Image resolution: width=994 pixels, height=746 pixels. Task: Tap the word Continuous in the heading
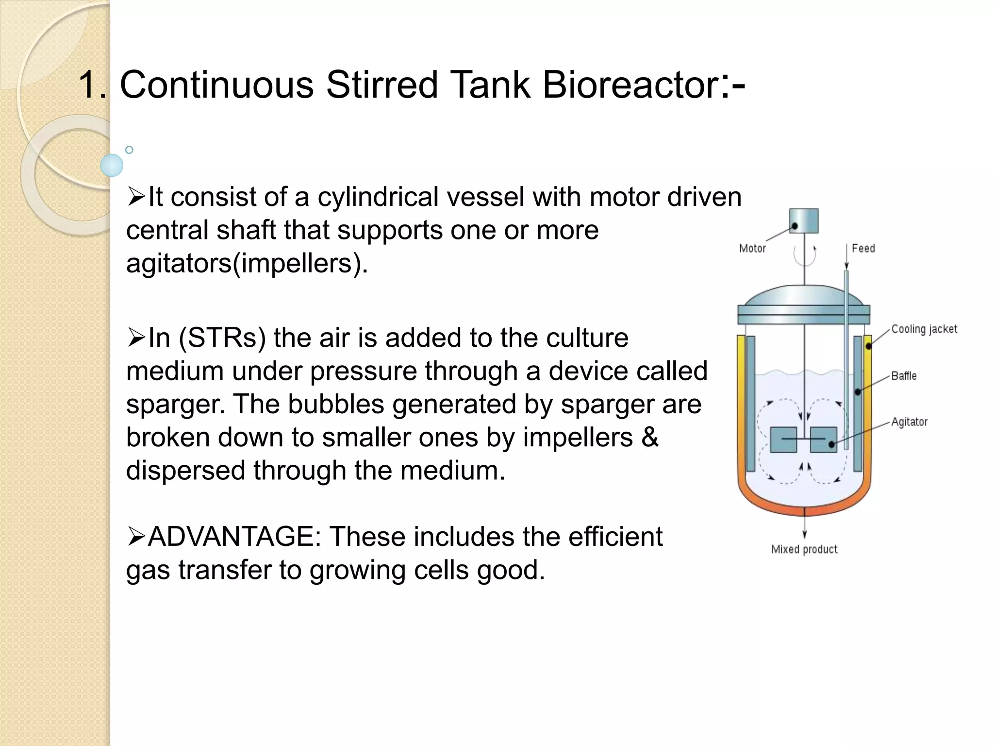[216, 85]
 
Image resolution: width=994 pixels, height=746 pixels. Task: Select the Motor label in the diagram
[752, 249]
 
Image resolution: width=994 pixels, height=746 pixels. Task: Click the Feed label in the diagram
[863, 249]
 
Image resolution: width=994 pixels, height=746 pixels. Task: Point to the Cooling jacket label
[924, 329]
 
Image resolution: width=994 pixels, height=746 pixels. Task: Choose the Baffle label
[904, 376]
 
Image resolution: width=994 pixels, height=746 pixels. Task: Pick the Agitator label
[909, 422]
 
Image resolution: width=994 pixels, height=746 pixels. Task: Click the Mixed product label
[804, 549]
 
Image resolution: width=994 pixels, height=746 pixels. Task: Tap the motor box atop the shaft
[804, 221]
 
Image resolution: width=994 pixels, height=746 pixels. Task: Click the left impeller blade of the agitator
[783, 440]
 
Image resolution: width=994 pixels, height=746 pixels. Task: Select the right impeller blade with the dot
[824, 440]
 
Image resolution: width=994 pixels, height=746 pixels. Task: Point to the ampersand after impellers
[650, 438]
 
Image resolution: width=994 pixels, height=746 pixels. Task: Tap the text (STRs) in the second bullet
[222, 338]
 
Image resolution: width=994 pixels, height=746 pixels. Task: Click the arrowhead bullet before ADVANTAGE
[136, 537]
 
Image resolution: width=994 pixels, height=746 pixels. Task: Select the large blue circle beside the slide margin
[112, 165]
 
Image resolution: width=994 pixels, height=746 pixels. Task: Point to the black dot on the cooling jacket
[868, 346]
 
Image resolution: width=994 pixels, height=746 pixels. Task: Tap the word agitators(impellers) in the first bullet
[247, 264]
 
